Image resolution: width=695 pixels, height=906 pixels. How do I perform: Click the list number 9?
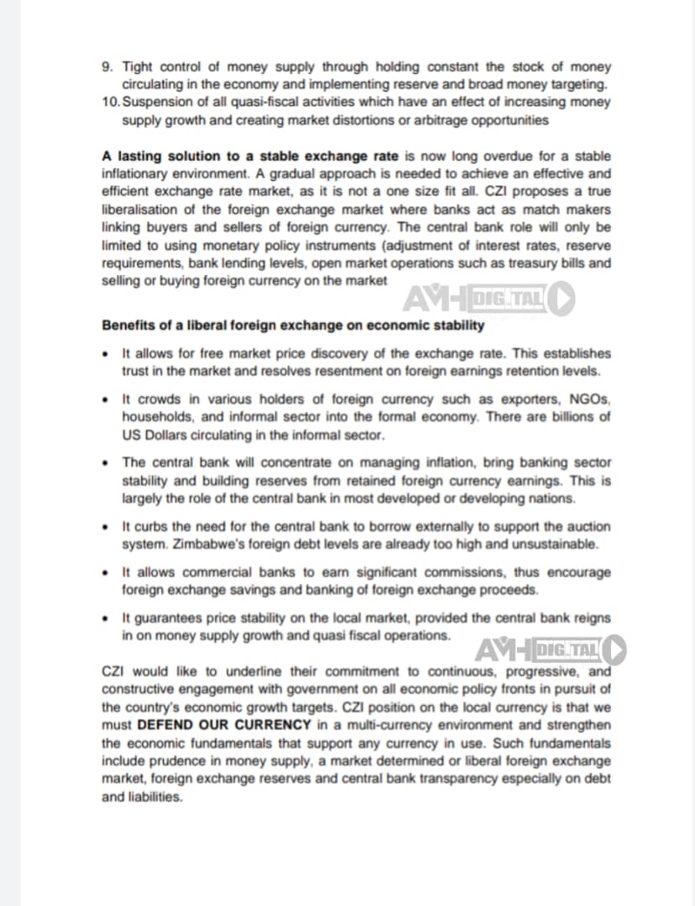pyautogui.click(x=106, y=66)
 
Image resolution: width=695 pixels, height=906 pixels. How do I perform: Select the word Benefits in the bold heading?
pyautogui.click(x=128, y=325)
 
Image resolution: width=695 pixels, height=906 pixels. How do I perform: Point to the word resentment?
pyautogui.click(x=353, y=371)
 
